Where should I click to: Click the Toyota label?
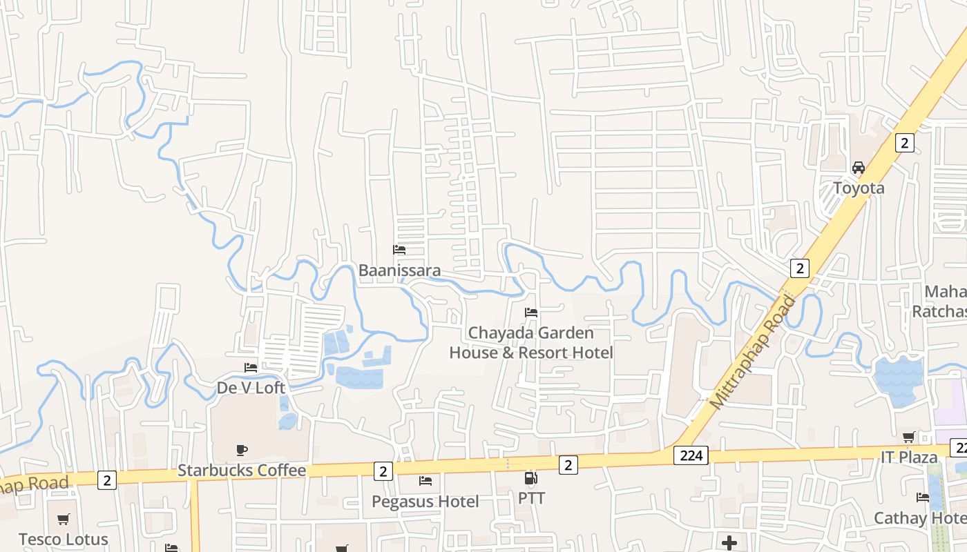859,188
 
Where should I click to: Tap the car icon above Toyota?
859,167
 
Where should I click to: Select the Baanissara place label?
399,270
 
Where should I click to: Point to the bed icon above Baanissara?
399,250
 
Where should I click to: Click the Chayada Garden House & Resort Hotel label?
531,342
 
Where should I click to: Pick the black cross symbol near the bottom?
729,543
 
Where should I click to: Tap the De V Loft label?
251,388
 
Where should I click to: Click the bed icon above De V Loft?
251,368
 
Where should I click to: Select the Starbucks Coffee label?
242,471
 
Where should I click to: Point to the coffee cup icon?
242,451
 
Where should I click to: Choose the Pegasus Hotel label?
425,501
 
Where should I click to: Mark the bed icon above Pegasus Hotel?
425,480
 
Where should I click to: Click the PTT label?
531,498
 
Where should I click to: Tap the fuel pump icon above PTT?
531,477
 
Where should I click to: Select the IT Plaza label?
908,457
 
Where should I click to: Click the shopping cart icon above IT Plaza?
908,437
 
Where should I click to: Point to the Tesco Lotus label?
64,539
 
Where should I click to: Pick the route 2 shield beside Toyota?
904,143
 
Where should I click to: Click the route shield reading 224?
691,455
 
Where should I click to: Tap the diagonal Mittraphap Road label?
752,352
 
